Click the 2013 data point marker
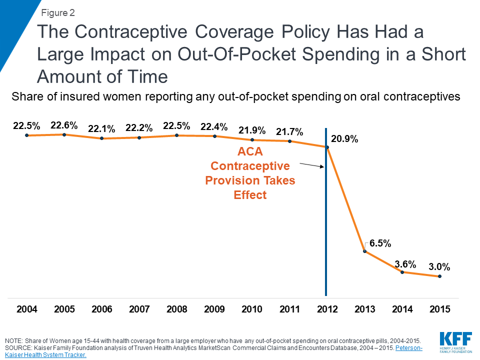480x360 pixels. tap(365, 251)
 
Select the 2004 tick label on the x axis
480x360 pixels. tap(27, 309)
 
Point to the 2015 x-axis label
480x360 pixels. tap(439, 309)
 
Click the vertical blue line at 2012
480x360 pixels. tap(326, 225)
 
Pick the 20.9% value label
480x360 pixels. tap(345, 139)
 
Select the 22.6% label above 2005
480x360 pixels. tap(64, 125)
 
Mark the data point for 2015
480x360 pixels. tap(439, 276)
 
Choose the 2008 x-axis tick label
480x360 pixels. tap(177, 309)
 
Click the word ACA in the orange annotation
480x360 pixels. tap(250, 152)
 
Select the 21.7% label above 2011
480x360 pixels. tap(290, 132)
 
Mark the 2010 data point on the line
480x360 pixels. tap(252, 140)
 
